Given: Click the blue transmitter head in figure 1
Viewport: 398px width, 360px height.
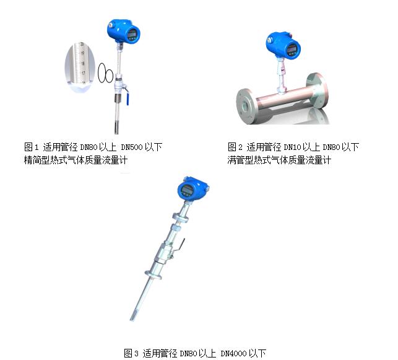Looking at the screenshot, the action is coord(124,30).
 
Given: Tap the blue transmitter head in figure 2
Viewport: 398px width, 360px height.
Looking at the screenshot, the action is coord(283,45).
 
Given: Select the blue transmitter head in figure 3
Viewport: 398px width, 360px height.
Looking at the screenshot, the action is coord(193,188).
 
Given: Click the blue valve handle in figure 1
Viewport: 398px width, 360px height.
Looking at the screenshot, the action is coord(126,95).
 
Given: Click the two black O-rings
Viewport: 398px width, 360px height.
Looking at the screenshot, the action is coord(105,73).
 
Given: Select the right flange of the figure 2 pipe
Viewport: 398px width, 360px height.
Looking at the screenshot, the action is coord(318,90).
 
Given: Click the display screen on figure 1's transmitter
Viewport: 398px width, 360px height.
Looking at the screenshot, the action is coord(132,33).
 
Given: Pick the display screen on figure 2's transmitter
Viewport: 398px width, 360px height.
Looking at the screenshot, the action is coord(292,50).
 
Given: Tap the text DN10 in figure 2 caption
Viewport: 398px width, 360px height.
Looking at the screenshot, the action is coord(292,147).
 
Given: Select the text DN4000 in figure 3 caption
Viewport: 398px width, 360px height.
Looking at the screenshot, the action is coord(233,353).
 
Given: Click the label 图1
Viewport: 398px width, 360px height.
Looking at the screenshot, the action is coord(31,147).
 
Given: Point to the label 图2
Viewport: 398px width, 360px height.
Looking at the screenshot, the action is coord(235,147).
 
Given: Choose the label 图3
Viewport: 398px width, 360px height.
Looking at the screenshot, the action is coord(131,353).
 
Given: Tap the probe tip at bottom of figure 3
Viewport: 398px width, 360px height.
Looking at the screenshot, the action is coord(132,318).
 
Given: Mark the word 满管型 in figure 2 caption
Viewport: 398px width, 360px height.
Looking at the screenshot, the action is coord(240,160).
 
